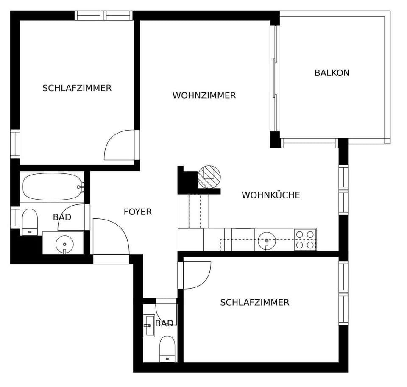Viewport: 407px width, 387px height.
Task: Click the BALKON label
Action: point(332,72)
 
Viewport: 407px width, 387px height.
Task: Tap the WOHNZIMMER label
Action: point(204,95)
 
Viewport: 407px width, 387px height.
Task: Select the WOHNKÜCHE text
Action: point(271,195)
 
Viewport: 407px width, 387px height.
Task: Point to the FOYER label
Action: point(137,212)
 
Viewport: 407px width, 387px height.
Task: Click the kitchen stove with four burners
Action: point(305,239)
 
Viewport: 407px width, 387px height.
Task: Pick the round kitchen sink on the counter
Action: point(267,241)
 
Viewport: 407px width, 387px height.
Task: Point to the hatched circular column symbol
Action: point(209,177)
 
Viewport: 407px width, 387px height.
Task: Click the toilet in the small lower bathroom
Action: point(167,349)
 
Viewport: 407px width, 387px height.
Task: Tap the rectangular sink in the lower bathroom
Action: point(149,326)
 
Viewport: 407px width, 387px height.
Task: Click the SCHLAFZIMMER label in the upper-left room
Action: point(77,88)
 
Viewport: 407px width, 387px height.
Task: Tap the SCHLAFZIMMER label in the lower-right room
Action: point(255,302)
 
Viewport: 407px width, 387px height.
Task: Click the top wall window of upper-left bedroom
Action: point(103,16)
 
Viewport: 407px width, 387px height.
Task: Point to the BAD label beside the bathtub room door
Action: point(62,217)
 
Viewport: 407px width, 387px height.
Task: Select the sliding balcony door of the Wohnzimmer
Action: point(274,78)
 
